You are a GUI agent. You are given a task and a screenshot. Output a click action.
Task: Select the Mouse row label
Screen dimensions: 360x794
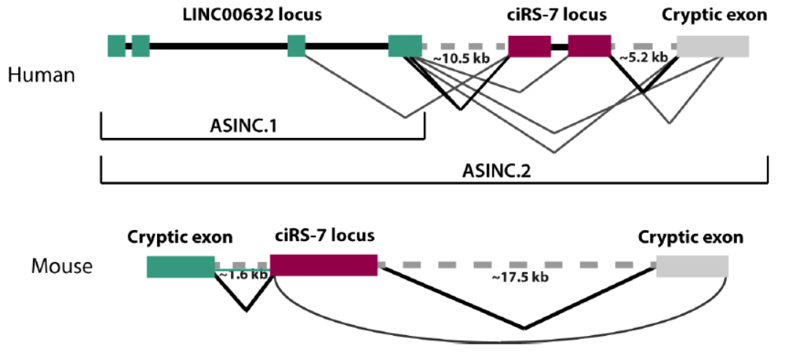click(62, 266)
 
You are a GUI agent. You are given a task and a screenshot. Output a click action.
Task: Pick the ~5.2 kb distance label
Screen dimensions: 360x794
click(643, 57)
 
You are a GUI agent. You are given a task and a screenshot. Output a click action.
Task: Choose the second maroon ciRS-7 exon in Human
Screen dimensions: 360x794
click(589, 46)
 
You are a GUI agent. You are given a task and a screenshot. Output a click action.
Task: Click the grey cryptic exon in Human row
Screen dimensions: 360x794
click(713, 46)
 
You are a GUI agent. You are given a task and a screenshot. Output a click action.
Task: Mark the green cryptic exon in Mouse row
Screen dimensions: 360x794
click(180, 267)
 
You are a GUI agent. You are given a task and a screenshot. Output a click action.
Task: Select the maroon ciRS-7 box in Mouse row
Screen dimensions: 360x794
click(324, 265)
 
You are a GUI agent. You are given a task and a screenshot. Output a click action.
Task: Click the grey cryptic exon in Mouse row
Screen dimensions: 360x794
click(692, 267)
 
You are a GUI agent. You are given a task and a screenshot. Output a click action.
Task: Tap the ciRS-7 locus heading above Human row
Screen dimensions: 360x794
click(558, 15)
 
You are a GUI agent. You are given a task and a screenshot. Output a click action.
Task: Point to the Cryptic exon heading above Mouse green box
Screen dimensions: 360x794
click(180, 237)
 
